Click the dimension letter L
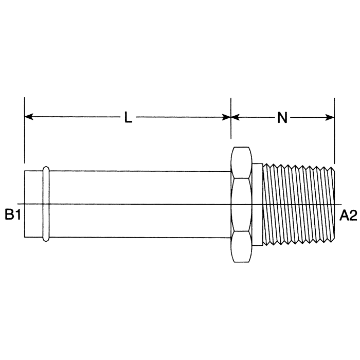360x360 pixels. click(128, 118)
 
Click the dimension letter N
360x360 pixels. click(282, 118)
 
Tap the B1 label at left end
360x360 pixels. click(13, 215)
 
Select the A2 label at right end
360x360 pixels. click(348, 215)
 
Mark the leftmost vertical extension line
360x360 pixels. click(25, 134)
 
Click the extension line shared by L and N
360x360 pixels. click(231, 129)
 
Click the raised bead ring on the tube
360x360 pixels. click(46, 204)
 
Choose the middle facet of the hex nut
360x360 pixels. click(241, 204)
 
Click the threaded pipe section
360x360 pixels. click(296, 204)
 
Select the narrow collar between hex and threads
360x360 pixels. click(258, 204)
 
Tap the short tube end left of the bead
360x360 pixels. click(33, 204)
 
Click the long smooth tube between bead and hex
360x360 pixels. click(139, 204)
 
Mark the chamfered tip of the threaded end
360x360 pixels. click(333, 204)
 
